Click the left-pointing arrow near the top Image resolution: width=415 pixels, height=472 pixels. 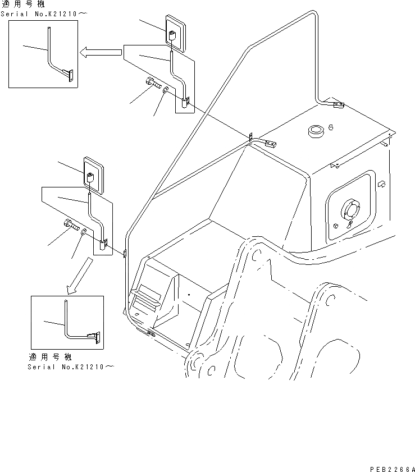click(x=101, y=53)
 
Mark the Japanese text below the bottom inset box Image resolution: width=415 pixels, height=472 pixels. click(x=51, y=357)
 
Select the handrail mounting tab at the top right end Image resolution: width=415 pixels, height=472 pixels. click(x=338, y=104)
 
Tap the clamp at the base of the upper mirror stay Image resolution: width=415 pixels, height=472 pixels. click(x=185, y=102)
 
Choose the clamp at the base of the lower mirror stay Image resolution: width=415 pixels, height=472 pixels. click(x=103, y=244)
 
